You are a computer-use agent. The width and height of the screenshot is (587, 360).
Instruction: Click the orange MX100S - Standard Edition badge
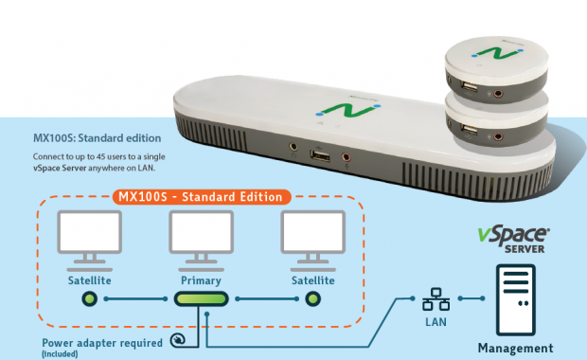(202, 197)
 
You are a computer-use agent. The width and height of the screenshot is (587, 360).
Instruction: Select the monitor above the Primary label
(201, 241)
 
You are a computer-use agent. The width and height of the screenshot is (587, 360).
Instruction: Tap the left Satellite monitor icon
(90, 241)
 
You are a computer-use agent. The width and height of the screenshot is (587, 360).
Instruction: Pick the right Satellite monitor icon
(313, 241)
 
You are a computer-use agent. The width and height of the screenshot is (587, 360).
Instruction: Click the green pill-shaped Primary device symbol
(202, 299)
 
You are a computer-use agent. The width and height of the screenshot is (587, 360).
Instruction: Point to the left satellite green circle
(90, 299)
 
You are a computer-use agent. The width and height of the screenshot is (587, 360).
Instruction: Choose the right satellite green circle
(313, 299)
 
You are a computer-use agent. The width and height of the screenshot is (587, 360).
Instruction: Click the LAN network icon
(436, 299)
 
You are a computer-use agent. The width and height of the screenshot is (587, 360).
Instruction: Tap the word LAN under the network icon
(436, 322)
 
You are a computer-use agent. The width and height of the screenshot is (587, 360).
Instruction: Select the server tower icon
(515, 299)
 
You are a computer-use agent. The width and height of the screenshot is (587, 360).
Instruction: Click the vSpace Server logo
(513, 240)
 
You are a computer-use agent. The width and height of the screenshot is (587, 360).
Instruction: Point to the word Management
(515, 348)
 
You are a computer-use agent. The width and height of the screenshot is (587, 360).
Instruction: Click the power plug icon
(178, 340)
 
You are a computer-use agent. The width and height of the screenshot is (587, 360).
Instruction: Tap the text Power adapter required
(102, 343)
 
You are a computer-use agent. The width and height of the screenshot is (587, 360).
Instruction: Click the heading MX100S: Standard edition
(98, 138)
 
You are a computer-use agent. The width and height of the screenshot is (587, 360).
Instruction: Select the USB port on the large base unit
(320, 155)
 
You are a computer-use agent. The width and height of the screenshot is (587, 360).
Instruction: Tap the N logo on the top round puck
(497, 53)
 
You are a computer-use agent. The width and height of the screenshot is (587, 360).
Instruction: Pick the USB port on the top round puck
(470, 87)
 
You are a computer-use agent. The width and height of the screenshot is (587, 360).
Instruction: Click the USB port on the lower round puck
(470, 130)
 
